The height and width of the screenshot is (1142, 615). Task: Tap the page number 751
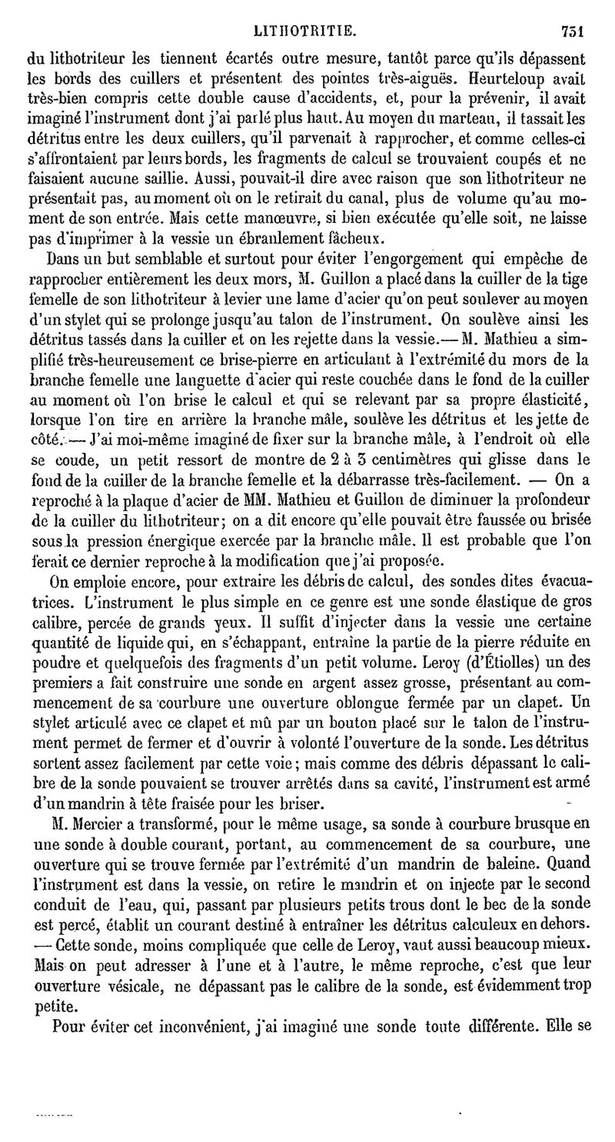(x=573, y=31)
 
